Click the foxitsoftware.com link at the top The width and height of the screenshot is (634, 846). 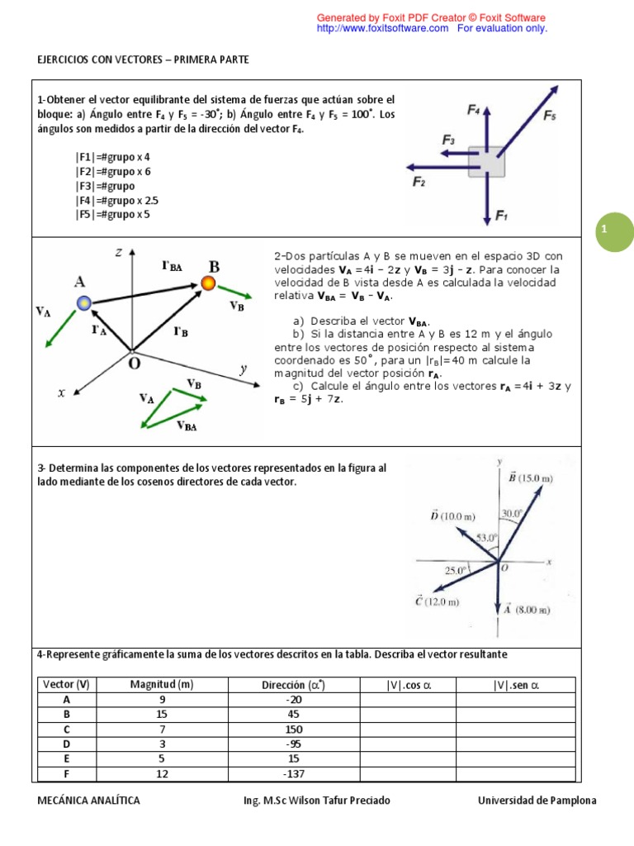[x=383, y=28]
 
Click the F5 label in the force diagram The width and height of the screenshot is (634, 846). [x=550, y=116]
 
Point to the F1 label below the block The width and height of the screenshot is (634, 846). [x=501, y=216]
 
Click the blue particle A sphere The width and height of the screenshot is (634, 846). [x=83, y=303]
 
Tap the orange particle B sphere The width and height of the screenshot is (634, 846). [x=208, y=284]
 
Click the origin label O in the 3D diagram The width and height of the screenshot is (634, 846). [x=134, y=362]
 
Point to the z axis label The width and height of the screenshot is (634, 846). [x=119, y=254]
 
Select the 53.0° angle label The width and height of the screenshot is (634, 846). [x=486, y=538]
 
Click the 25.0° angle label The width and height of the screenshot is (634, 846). [x=456, y=569]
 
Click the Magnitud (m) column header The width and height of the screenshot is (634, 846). [x=162, y=684]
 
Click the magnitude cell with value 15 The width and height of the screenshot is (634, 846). [x=162, y=714]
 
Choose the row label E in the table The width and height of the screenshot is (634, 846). [x=66, y=758]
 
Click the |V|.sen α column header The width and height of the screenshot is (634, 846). [x=517, y=684]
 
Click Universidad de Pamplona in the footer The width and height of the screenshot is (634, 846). [x=537, y=801]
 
